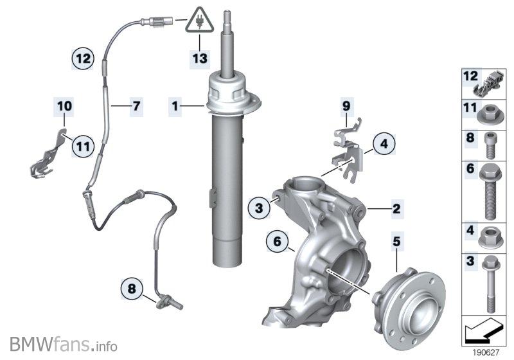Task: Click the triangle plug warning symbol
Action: click(200, 21)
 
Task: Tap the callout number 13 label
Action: click(200, 59)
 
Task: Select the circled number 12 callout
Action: click(84, 59)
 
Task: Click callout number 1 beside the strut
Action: click(175, 106)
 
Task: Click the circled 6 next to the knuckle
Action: click(278, 242)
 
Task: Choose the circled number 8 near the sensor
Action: click(132, 289)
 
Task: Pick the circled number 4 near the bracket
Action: click(384, 143)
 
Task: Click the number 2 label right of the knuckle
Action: click(396, 208)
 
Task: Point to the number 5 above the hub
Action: click(396, 242)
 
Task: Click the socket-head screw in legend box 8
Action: click(490, 145)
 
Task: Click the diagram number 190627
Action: click(486, 353)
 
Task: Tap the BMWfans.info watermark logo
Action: click(63, 345)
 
